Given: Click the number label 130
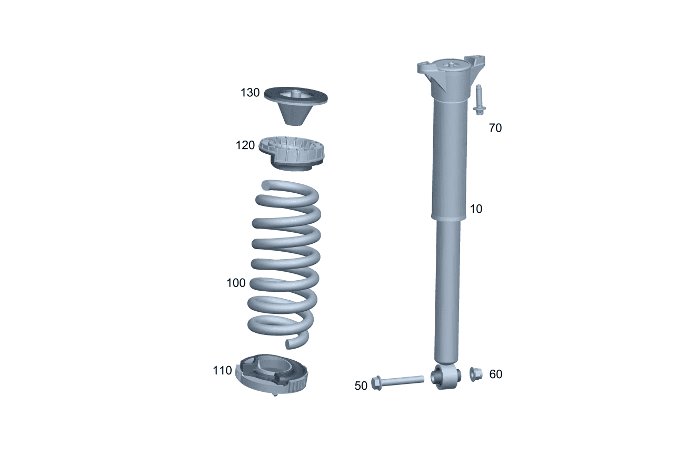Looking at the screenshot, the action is [x=250, y=93].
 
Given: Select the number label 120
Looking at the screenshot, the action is [x=245, y=145].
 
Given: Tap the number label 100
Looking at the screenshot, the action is [x=236, y=283].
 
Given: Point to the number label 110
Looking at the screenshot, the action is [x=222, y=371].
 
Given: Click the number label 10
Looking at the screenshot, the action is [x=476, y=209].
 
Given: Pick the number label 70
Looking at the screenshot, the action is [x=495, y=128].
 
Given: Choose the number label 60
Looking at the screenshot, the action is [x=496, y=374].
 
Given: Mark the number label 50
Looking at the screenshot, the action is [x=361, y=386].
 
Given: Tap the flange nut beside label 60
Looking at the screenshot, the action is [x=476, y=374].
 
